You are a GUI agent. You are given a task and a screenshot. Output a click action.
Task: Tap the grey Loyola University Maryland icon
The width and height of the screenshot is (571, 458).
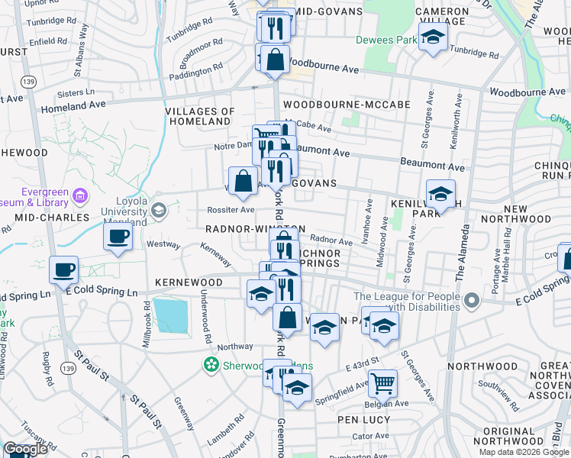[159, 210]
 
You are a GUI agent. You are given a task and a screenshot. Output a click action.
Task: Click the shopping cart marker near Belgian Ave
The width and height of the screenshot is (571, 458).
[382, 382]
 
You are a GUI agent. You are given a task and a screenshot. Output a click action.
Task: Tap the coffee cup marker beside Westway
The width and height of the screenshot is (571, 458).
[118, 237]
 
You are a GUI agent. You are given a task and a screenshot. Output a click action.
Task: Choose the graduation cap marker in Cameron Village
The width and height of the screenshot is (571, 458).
[433, 37]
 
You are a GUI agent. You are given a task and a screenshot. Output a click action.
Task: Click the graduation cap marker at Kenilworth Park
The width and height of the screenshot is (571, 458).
[440, 195]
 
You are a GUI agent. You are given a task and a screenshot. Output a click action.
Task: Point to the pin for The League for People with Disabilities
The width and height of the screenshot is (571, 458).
[471, 298]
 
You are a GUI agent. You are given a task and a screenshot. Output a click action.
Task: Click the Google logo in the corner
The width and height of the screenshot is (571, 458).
[25, 449]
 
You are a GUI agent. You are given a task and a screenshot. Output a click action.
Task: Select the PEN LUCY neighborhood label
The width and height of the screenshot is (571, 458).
[364, 420]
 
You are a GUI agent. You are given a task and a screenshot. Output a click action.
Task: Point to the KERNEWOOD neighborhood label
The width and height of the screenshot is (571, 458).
[189, 282]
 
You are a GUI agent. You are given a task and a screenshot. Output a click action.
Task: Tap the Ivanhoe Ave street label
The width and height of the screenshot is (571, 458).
[369, 218]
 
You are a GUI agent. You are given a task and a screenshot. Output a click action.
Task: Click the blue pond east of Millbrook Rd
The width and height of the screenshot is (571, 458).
[171, 315]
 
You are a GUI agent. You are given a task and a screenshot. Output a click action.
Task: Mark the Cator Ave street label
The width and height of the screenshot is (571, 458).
[371, 436]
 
